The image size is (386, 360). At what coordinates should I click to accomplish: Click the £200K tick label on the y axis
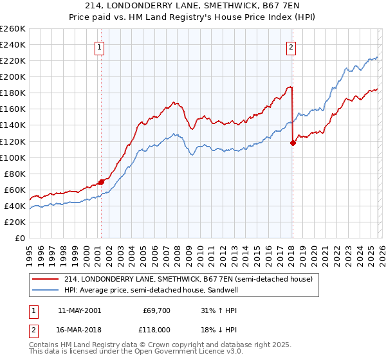(13, 76)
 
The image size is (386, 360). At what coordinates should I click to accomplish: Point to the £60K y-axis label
(15, 190)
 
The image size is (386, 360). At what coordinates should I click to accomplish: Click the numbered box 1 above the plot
(101, 46)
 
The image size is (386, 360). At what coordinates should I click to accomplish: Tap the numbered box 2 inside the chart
(291, 46)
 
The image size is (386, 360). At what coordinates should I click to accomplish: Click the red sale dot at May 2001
(101, 182)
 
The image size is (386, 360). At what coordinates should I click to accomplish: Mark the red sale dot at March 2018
(293, 143)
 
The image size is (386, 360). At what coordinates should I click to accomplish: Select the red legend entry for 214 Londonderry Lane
(188, 279)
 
